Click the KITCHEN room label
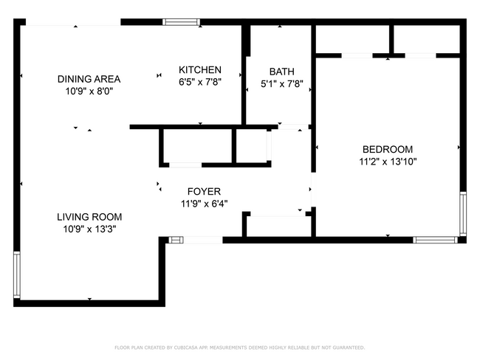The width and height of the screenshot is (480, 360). (x=199, y=70)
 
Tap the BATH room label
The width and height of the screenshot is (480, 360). (x=281, y=72)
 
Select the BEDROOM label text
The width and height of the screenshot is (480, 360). (x=388, y=149)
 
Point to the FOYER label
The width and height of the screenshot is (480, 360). (x=204, y=192)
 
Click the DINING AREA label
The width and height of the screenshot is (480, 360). (x=89, y=79)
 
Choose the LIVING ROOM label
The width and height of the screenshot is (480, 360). (x=89, y=217)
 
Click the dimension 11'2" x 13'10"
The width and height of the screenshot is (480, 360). (x=388, y=161)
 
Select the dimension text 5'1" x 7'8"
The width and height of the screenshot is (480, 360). (x=281, y=83)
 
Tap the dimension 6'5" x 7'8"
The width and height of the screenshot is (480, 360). (x=199, y=82)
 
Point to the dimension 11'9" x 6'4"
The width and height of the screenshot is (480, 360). (x=204, y=204)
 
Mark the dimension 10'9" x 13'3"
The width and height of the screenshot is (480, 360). (x=89, y=229)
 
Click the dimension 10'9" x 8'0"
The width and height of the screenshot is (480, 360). (x=89, y=91)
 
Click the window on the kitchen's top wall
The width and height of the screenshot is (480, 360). (x=180, y=22)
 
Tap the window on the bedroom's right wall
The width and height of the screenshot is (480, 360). (x=462, y=213)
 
